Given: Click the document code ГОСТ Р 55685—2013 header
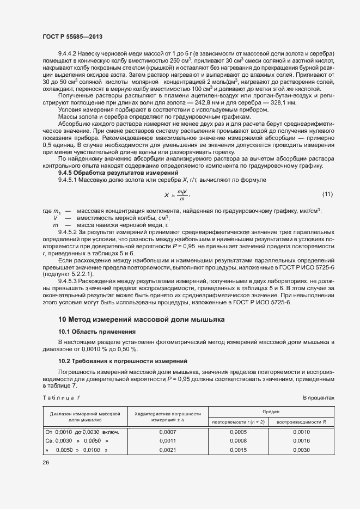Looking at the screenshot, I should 72,36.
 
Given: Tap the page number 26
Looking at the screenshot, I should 46,463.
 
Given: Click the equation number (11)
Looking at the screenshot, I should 327,194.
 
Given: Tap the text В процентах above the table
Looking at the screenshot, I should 319,398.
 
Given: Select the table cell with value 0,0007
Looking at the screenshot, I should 168,432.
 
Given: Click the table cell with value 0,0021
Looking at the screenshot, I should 168,450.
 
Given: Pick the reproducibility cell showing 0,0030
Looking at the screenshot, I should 301,450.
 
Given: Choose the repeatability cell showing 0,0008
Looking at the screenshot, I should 239,441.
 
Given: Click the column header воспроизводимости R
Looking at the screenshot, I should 301,422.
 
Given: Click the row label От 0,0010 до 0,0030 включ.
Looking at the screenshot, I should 82,432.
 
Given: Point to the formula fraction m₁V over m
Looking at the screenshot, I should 182,195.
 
